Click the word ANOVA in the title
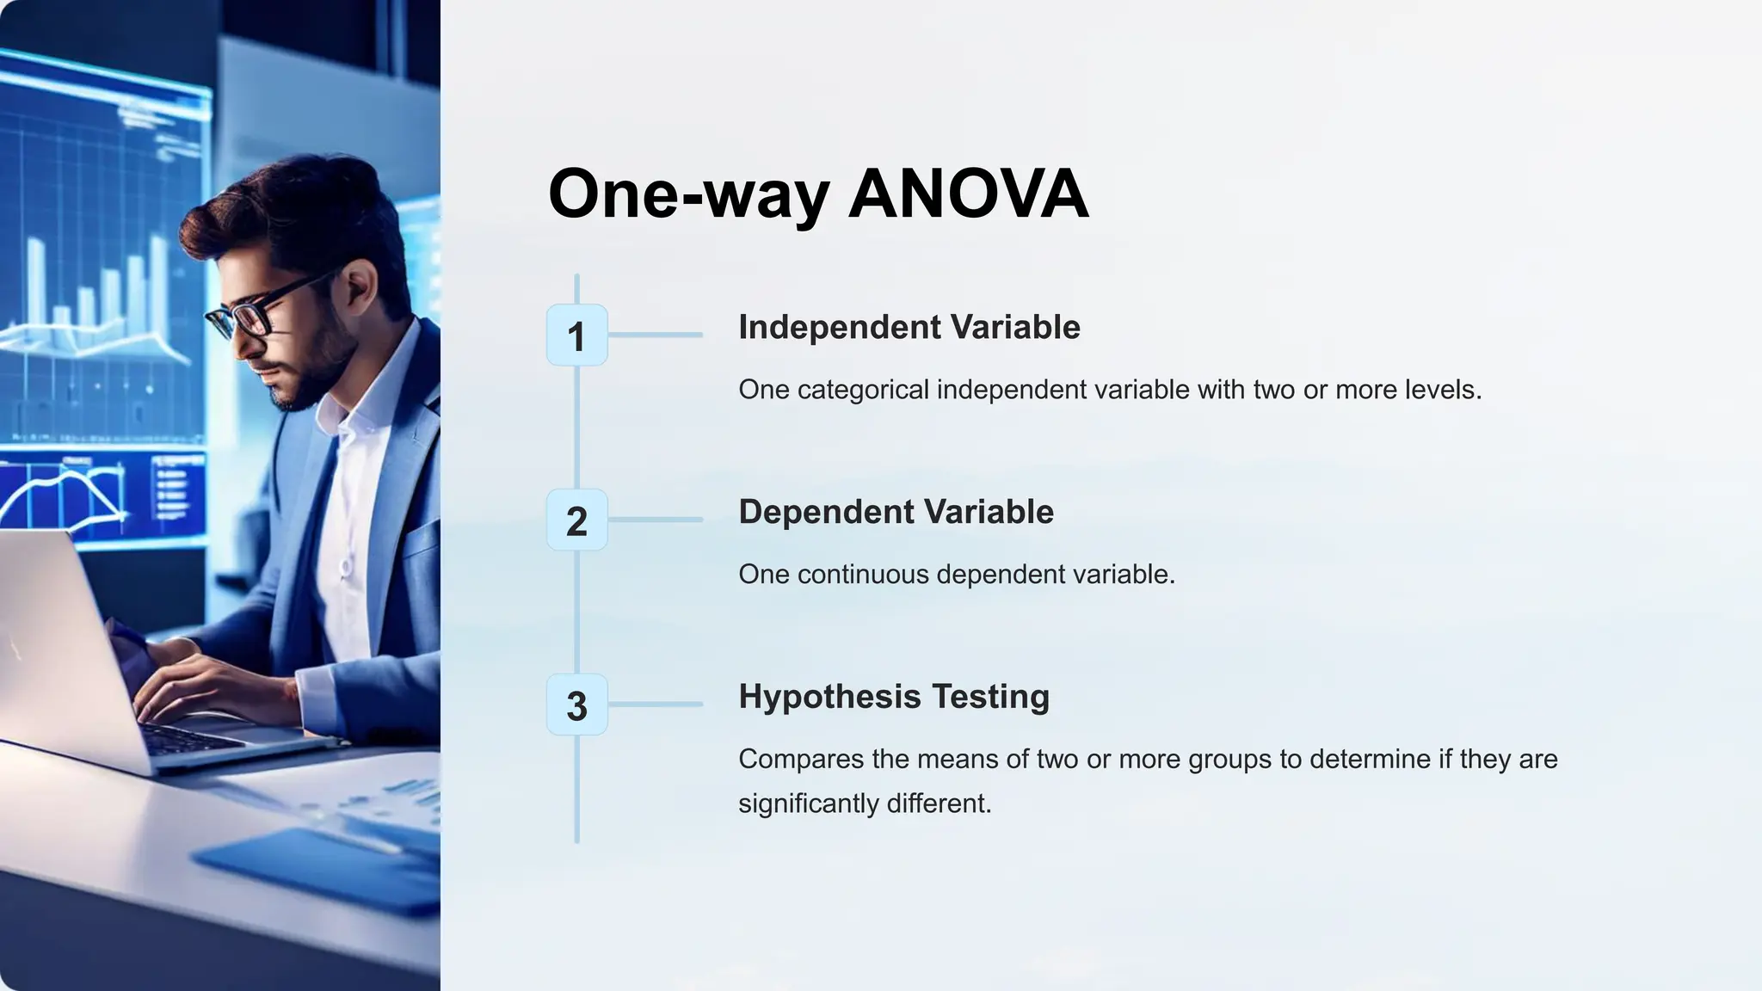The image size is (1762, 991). pos(969,194)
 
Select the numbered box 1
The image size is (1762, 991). pos(576,335)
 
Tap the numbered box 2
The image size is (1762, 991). pos(576,520)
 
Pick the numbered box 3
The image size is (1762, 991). pos(576,705)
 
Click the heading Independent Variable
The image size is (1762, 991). pos(909,327)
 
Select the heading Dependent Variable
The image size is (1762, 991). pos(896,512)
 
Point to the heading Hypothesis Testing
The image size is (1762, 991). pos(894,697)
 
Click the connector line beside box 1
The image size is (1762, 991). pos(656,335)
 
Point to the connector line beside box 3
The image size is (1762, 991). pos(656,705)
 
